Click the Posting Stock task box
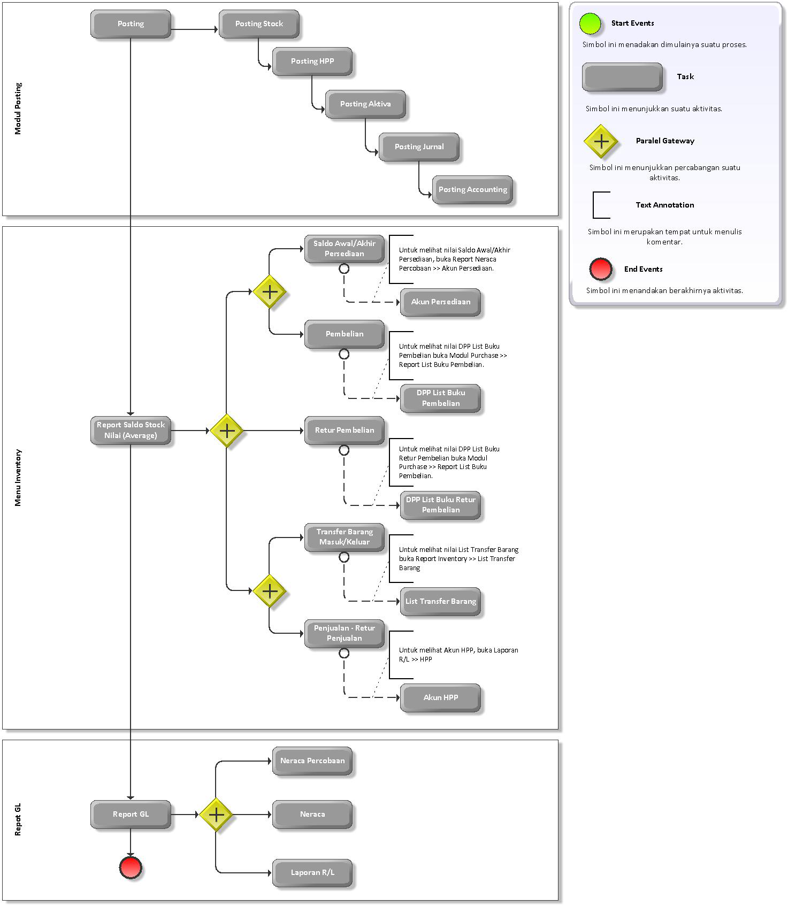coord(259,24)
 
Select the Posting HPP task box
coord(312,62)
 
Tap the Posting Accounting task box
coord(472,190)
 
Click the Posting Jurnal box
coord(419,147)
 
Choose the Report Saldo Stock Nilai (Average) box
coord(131,431)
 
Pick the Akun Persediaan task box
coord(440,302)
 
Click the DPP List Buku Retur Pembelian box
coord(440,505)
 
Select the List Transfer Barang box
coord(440,602)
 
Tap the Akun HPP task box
coord(440,698)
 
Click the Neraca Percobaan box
coord(312,761)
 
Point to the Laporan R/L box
coord(312,873)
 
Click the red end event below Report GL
coord(131,867)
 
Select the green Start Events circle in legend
coord(591,24)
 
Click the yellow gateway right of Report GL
coord(216,815)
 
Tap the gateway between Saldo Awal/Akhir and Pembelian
coord(270,292)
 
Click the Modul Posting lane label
coord(18,109)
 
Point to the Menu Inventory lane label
coord(18,478)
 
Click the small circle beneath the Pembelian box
coord(344,354)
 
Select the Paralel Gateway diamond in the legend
coord(601,142)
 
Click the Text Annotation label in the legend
coord(664,205)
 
